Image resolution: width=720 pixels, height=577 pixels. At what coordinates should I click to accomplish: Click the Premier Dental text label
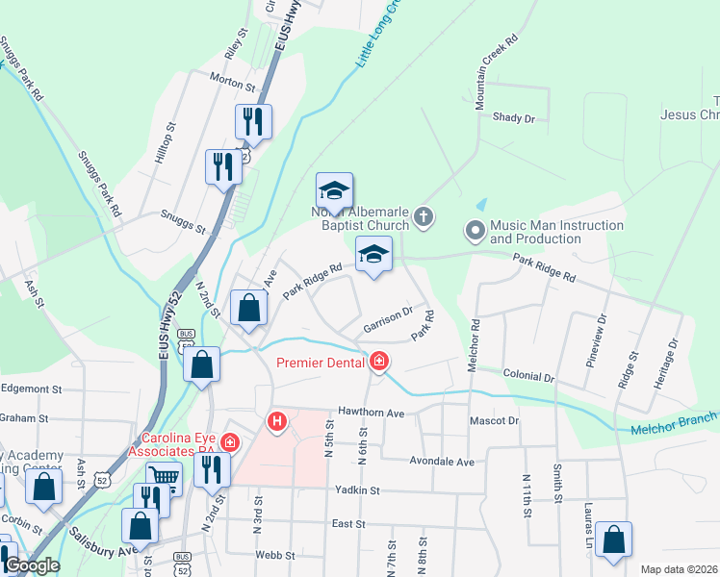[x=321, y=363]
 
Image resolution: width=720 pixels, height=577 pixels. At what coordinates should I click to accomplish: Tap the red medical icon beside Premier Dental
[x=380, y=362]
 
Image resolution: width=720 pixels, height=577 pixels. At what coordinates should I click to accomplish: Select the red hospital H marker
[x=277, y=420]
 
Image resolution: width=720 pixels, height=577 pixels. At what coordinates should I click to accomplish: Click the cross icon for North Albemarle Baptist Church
[x=424, y=217]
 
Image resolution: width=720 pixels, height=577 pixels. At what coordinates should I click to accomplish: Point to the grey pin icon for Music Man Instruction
[x=474, y=231]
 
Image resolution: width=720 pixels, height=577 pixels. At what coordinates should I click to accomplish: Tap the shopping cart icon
[x=165, y=476]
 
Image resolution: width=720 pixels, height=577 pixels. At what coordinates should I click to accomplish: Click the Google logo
[x=32, y=565]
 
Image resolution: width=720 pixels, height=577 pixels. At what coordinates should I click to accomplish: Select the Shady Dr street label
[x=513, y=117]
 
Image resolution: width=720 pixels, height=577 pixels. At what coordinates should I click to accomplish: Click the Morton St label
[x=231, y=86]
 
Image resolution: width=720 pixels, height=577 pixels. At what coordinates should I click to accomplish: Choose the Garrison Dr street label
[x=388, y=320]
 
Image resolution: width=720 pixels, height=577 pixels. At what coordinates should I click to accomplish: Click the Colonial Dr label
[x=528, y=378]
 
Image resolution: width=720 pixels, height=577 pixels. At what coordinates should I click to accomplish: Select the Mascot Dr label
[x=494, y=421]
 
